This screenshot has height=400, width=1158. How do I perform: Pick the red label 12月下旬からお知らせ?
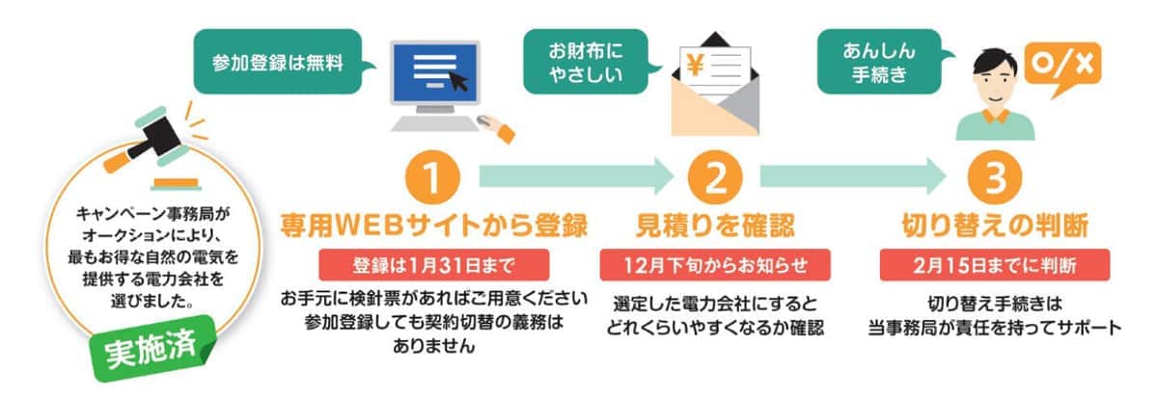(x=715, y=263)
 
